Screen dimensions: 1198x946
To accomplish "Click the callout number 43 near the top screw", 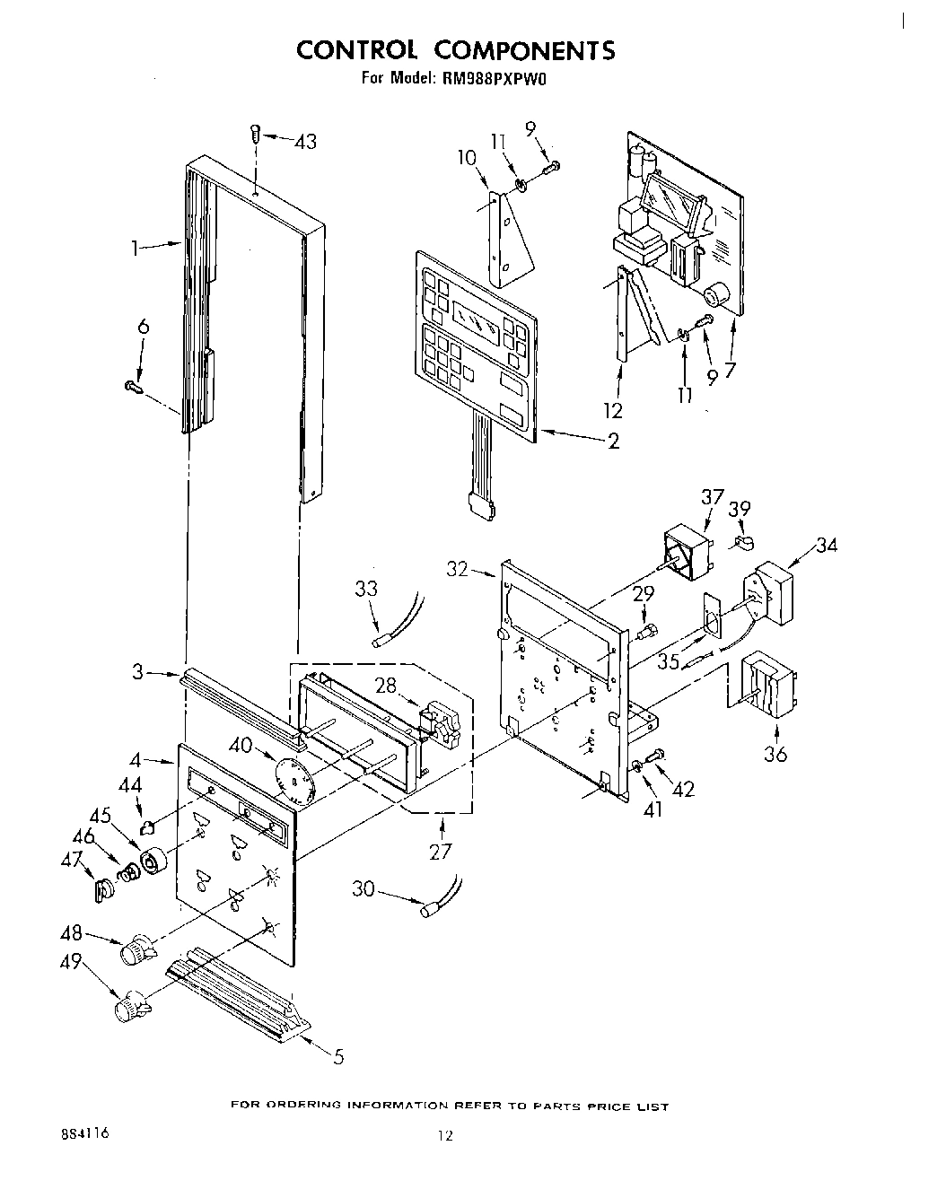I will pyautogui.click(x=305, y=142).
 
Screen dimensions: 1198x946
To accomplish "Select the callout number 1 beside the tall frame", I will pyautogui.click(x=136, y=249).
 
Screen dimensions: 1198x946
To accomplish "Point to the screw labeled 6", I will pyautogui.click(x=134, y=387).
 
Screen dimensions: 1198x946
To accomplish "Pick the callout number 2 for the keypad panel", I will pyautogui.click(x=613, y=442).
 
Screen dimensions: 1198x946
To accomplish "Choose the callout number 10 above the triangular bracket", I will pyautogui.click(x=467, y=159).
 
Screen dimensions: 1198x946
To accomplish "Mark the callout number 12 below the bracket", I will pyautogui.click(x=614, y=410).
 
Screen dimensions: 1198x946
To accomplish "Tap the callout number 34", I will pyautogui.click(x=826, y=544).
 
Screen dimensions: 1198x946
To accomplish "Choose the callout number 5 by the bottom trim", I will pyautogui.click(x=337, y=1056).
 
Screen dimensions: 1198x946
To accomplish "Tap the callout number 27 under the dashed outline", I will pyautogui.click(x=440, y=850).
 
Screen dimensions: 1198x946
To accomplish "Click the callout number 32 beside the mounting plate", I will pyautogui.click(x=458, y=568).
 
